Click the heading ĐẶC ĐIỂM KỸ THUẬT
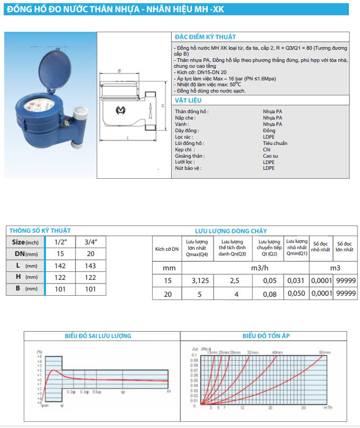tap(205, 37)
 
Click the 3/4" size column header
tap(91, 242)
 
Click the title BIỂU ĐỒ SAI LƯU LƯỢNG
tap(98, 336)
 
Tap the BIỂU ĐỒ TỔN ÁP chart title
tap(266, 336)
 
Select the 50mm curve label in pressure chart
tap(325, 352)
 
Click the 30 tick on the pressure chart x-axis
tap(303, 408)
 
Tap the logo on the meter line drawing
tap(120, 110)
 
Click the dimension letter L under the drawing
tap(128, 138)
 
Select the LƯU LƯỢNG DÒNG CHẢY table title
tap(231, 231)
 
